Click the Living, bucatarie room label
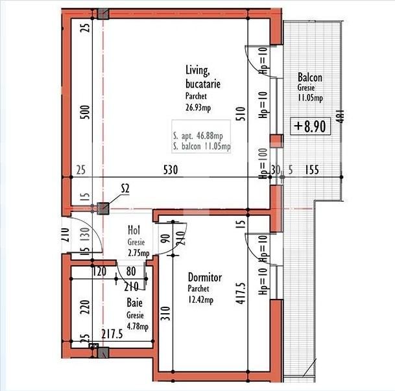203,77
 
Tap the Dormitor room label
205,278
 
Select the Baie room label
134,302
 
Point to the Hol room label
134,230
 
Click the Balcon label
310,77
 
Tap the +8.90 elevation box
310,126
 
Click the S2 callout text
125,189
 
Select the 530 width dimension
171,170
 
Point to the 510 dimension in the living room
241,114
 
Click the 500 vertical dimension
85,112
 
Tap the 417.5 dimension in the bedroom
241,293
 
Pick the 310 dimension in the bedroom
165,313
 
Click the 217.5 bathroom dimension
112,334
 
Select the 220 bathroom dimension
85,307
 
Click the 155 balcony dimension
312,170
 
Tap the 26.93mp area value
198,108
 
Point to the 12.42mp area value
200,300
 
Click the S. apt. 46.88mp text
198,136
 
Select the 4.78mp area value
138,327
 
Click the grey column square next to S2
103,208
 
